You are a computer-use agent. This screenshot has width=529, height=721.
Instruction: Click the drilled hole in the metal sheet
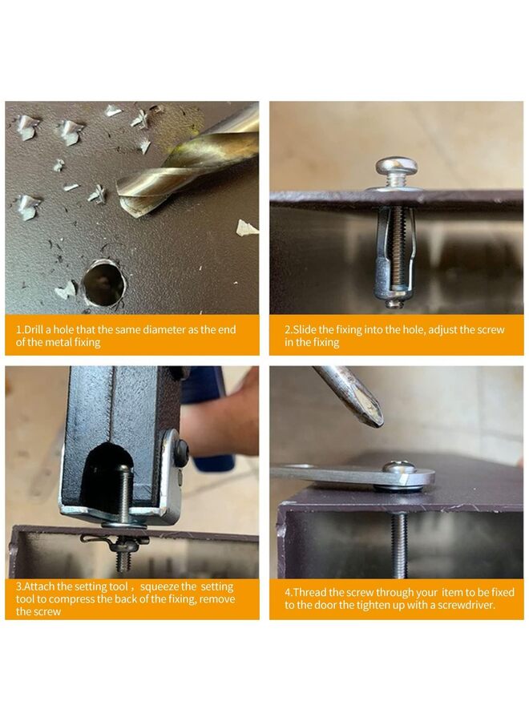click(x=103, y=284)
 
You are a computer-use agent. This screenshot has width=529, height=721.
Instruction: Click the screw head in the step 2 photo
click(x=396, y=166)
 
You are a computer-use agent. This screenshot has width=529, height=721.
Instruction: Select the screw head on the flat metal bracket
click(x=400, y=468)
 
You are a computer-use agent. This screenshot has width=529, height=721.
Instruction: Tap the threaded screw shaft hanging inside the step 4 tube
click(x=400, y=545)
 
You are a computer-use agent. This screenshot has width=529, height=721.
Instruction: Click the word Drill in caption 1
click(x=33, y=330)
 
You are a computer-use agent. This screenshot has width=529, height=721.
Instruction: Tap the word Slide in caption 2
click(x=305, y=330)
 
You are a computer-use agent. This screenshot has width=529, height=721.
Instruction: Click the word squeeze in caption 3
click(x=160, y=586)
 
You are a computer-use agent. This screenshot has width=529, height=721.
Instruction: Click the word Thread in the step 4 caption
click(x=309, y=593)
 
